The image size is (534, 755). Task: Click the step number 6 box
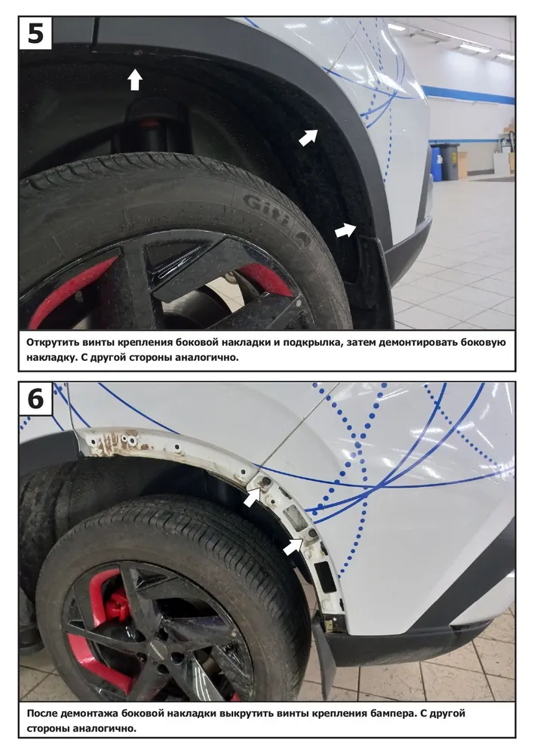(35, 398)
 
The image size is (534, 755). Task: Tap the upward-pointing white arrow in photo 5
(135, 79)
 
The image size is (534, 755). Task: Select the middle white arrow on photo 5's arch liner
(308, 137)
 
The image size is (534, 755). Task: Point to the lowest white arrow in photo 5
(345, 230)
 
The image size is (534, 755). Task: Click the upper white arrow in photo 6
(253, 497)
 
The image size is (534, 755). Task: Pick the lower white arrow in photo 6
(292, 547)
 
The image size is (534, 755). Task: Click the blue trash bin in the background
(436, 162)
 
